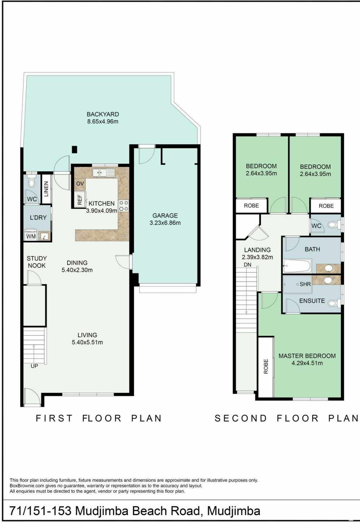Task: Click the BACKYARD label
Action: point(103,114)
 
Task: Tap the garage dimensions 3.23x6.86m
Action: point(165,223)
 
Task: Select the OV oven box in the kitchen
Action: point(80,184)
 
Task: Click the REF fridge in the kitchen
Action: point(80,200)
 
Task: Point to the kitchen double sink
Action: point(103,173)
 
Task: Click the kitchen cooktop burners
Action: point(124,206)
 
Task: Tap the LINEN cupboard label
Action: point(46,189)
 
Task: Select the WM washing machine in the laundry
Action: point(31,235)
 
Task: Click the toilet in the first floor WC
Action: point(31,182)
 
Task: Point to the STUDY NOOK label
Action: point(37,262)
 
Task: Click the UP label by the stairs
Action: point(34,366)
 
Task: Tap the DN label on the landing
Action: point(248,265)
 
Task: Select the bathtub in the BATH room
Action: point(297,266)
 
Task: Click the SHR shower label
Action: point(305,284)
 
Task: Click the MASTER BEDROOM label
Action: point(307,356)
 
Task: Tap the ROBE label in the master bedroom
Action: point(266,366)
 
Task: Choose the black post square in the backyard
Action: point(74,149)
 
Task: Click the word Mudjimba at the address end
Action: point(233,511)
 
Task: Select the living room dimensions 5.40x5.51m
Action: point(87,342)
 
